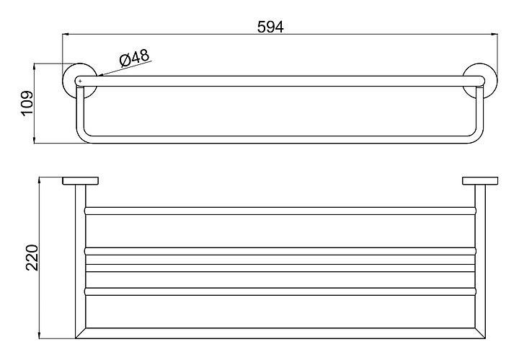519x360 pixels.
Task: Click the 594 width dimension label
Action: click(x=270, y=27)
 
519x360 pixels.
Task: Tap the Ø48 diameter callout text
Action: click(x=134, y=58)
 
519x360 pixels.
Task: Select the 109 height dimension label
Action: click(x=27, y=103)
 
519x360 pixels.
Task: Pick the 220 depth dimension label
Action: click(x=32, y=258)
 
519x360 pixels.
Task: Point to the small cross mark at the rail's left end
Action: click(x=80, y=81)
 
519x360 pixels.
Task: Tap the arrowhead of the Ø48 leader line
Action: click(x=100, y=75)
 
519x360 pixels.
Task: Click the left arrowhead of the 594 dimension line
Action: click(x=66, y=34)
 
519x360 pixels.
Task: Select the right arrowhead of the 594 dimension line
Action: click(x=494, y=34)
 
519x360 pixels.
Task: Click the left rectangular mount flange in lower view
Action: click(x=81, y=181)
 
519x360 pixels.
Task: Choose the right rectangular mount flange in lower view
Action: click(x=480, y=181)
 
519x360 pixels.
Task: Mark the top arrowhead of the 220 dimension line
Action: click(x=40, y=180)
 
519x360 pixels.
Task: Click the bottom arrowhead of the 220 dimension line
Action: click(x=40, y=335)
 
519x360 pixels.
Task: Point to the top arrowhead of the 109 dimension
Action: click(x=35, y=66)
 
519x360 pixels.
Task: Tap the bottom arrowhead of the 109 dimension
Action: click(x=35, y=140)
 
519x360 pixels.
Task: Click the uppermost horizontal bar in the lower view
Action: click(x=280, y=211)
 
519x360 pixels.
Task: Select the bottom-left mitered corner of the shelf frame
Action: click(x=81, y=333)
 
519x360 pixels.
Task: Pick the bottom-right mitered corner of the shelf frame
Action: click(x=481, y=333)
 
